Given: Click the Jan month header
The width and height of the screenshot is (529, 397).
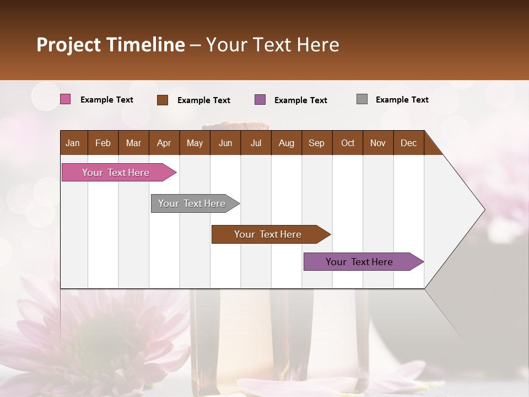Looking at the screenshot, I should (73, 143).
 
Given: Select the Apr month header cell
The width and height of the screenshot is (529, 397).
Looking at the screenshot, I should (164, 143).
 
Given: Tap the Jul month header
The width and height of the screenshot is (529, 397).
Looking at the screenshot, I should (256, 143).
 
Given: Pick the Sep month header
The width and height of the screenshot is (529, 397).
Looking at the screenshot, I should (317, 143).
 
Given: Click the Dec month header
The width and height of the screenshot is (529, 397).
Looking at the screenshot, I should (408, 143).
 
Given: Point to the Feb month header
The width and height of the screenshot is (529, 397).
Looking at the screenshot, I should (103, 143).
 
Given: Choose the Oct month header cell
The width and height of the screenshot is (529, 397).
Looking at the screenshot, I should (348, 143).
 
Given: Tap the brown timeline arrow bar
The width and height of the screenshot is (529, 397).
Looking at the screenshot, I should (268, 234).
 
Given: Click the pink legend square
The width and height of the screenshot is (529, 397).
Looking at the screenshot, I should (65, 99).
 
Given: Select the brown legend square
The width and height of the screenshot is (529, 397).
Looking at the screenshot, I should (163, 100).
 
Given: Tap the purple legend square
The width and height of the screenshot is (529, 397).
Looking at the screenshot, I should (260, 100).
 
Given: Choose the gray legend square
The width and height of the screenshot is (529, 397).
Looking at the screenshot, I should (362, 99).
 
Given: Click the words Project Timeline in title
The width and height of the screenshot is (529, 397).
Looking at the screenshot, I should (111, 45).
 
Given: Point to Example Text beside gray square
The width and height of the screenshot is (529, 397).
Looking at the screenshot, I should (402, 100).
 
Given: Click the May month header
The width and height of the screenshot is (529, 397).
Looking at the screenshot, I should (195, 143).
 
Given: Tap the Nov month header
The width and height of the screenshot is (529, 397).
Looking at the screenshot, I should (378, 143).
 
